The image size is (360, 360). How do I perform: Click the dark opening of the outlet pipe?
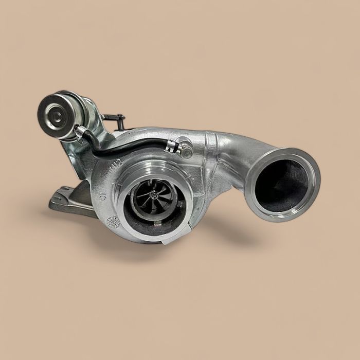(x=283, y=182)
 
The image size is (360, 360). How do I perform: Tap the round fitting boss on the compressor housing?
(x=184, y=145)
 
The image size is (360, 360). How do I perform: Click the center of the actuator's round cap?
(x=51, y=110)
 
